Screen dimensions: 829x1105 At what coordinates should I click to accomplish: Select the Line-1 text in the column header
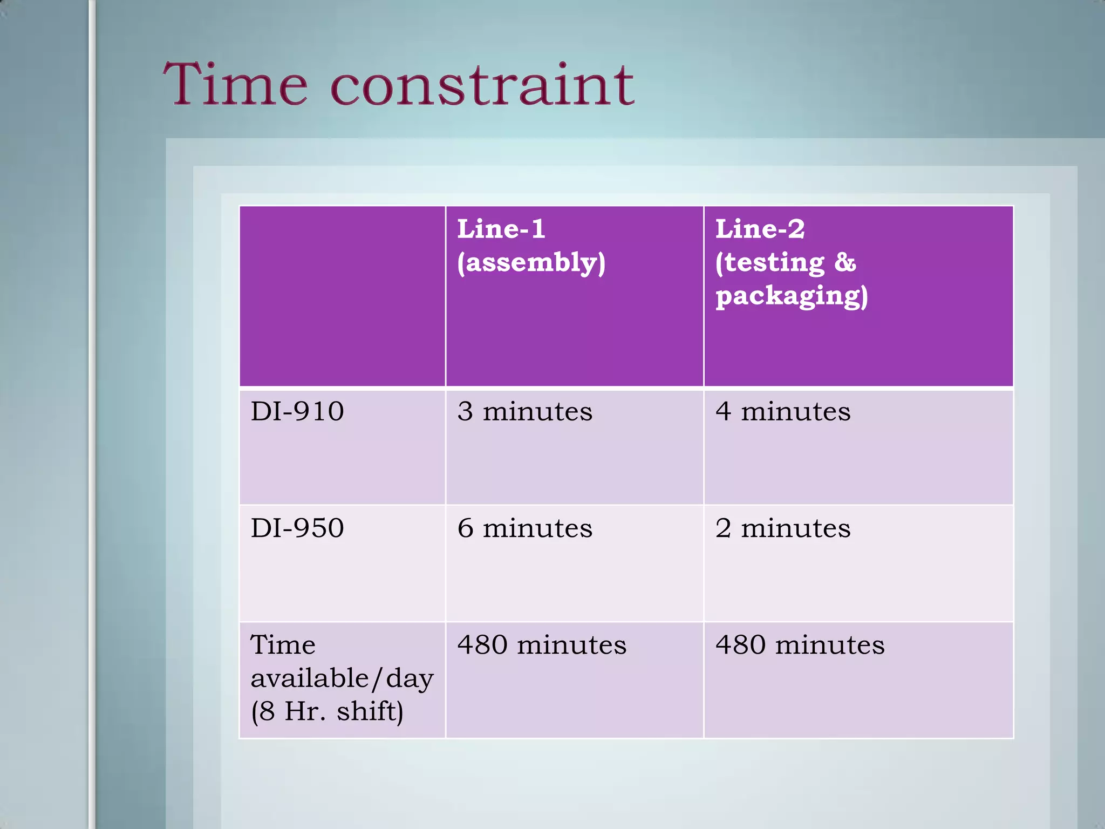501,229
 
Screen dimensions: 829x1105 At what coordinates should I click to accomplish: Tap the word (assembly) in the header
531,263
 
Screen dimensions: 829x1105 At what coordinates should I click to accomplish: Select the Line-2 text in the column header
760,229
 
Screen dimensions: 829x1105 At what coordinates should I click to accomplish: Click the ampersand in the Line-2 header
845,263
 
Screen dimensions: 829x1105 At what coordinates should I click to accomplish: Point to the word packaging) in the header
792,296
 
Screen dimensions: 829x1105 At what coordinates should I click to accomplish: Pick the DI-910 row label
297,412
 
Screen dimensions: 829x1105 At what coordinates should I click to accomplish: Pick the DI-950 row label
297,528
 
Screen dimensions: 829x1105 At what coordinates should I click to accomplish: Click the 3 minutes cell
524,412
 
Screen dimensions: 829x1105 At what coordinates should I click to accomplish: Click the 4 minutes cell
783,412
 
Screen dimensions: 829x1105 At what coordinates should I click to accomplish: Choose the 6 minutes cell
524,528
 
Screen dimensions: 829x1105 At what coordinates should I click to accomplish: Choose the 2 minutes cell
783,528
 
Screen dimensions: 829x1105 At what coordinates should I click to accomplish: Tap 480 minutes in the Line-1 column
542,645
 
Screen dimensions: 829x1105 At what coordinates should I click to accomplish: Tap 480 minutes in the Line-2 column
800,645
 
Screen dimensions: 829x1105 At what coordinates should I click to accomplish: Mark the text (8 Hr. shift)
327,711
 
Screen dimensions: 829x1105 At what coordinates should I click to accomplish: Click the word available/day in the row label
342,678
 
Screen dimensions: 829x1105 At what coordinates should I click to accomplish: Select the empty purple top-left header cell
342,296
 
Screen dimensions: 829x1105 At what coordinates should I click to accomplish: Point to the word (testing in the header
770,263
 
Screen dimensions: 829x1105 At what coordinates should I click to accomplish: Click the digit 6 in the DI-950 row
465,528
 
